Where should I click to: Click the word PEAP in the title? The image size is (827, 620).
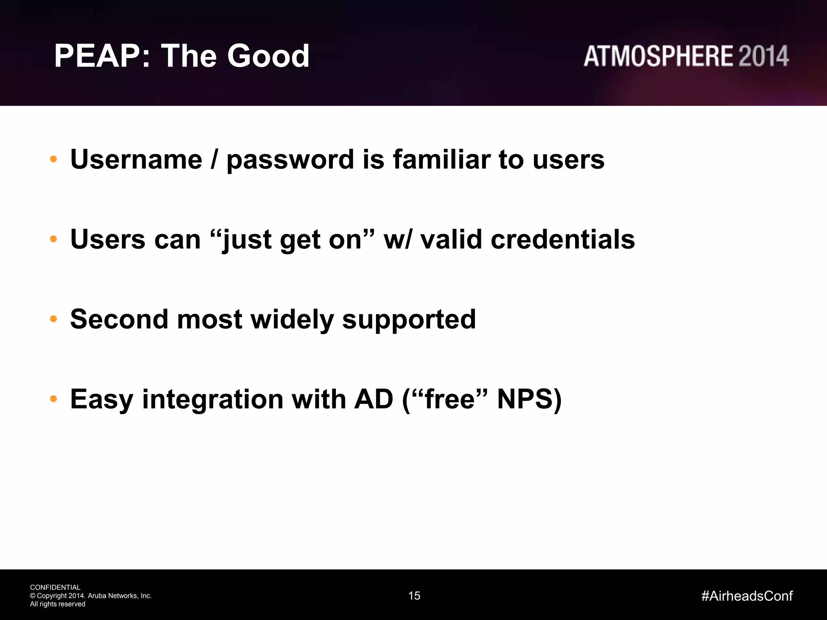tap(97, 56)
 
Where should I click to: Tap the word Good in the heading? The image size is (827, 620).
tap(268, 56)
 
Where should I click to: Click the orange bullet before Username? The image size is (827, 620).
tap(53, 159)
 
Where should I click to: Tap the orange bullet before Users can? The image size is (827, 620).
tap(53, 239)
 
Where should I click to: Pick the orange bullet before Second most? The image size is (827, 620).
tap(53, 319)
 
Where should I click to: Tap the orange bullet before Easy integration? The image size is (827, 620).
tap(53, 399)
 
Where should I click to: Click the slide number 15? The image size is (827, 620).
tap(414, 596)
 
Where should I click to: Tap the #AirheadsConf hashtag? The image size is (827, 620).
tap(747, 596)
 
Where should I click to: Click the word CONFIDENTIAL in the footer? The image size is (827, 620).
tap(55, 587)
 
